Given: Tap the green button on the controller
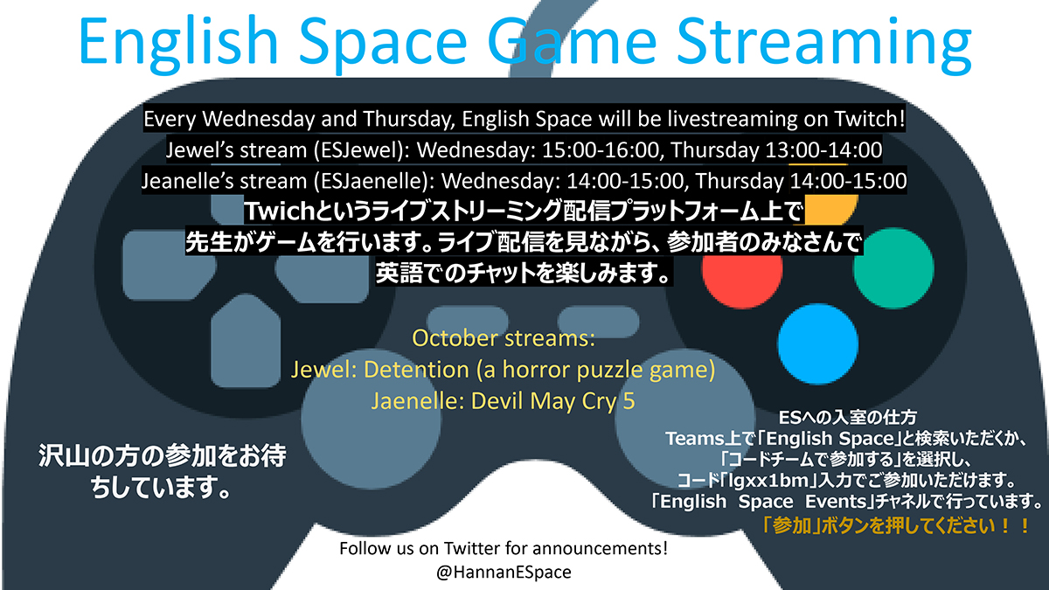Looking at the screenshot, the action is coord(893,267).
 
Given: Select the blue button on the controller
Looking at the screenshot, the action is coord(817,344).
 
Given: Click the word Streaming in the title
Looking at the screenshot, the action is coord(824,43).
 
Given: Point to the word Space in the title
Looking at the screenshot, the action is coord(383,43).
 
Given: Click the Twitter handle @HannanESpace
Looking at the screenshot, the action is coord(504,573).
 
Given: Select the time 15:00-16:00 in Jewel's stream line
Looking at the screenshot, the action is coord(601,150).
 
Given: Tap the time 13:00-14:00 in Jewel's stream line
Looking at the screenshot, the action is coord(823,150).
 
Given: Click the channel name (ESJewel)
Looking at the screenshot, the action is coord(362,150).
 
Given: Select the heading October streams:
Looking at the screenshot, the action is coord(504,338).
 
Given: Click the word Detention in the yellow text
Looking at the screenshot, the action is coord(416,370).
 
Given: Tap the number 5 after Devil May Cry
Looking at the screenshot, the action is coord(629,401).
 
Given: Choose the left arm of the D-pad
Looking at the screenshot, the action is coord(169,265).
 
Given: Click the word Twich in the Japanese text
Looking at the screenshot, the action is coord(280,212).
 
